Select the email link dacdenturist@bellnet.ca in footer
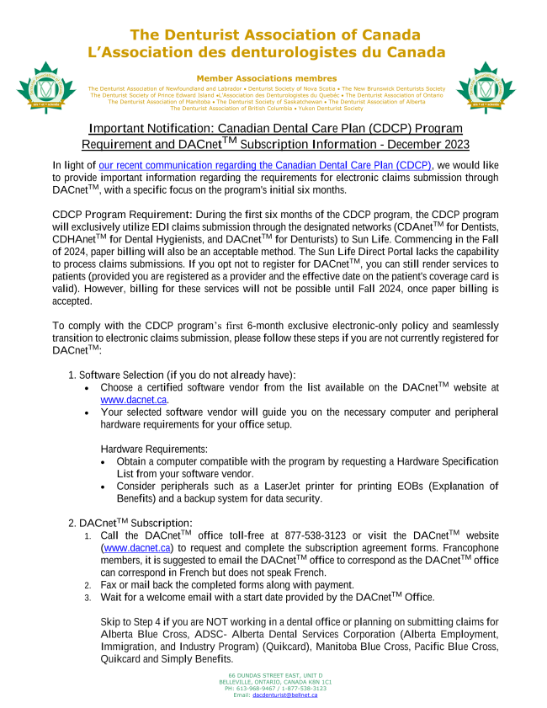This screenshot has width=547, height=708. tap(284, 695)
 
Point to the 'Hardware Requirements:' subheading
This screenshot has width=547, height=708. tap(154, 449)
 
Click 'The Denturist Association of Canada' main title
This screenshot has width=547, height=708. tap(275, 35)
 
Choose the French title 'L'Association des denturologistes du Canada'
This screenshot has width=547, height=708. tap(267, 51)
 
